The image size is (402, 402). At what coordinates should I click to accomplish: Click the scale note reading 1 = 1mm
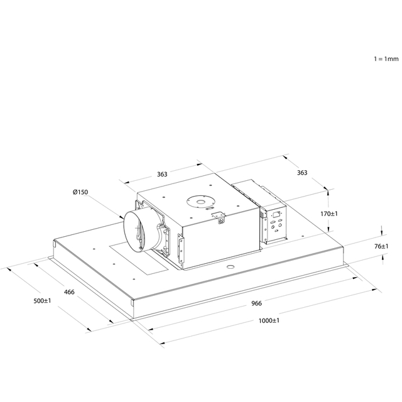[x=386, y=59]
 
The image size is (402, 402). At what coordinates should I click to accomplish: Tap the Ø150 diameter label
[x=80, y=192]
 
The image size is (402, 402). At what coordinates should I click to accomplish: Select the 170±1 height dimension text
[x=329, y=214]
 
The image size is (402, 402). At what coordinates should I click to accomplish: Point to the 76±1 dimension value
[x=381, y=246]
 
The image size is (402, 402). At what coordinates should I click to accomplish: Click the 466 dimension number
[x=69, y=291]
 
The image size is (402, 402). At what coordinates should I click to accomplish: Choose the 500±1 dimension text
[x=42, y=300]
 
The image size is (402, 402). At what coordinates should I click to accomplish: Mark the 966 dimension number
[x=256, y=303]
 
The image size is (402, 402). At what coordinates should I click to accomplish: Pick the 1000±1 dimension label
[x=269, y=320]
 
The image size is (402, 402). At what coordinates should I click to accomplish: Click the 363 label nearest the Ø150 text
[x=162, y=175]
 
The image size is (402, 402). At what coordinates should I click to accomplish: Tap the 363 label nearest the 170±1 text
[x=302, y=173]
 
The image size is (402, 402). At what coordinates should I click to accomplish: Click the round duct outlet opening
[x=134, y=231]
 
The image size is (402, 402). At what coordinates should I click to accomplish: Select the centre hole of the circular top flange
[x=200, y=202]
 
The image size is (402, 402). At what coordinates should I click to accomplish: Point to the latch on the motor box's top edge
[x=219, y=217]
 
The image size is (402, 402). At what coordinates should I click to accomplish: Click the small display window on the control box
[x=276, y=214]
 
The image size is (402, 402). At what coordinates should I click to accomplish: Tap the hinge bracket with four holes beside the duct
[x=182, y=249]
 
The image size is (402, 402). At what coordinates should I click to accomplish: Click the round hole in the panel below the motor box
[x=231, y=267]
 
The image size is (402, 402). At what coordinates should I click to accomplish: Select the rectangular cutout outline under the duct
[x=139, y=258]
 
